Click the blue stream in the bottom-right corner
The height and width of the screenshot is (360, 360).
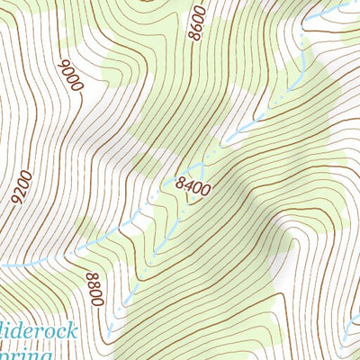353,317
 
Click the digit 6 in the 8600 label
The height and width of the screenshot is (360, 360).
198,26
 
